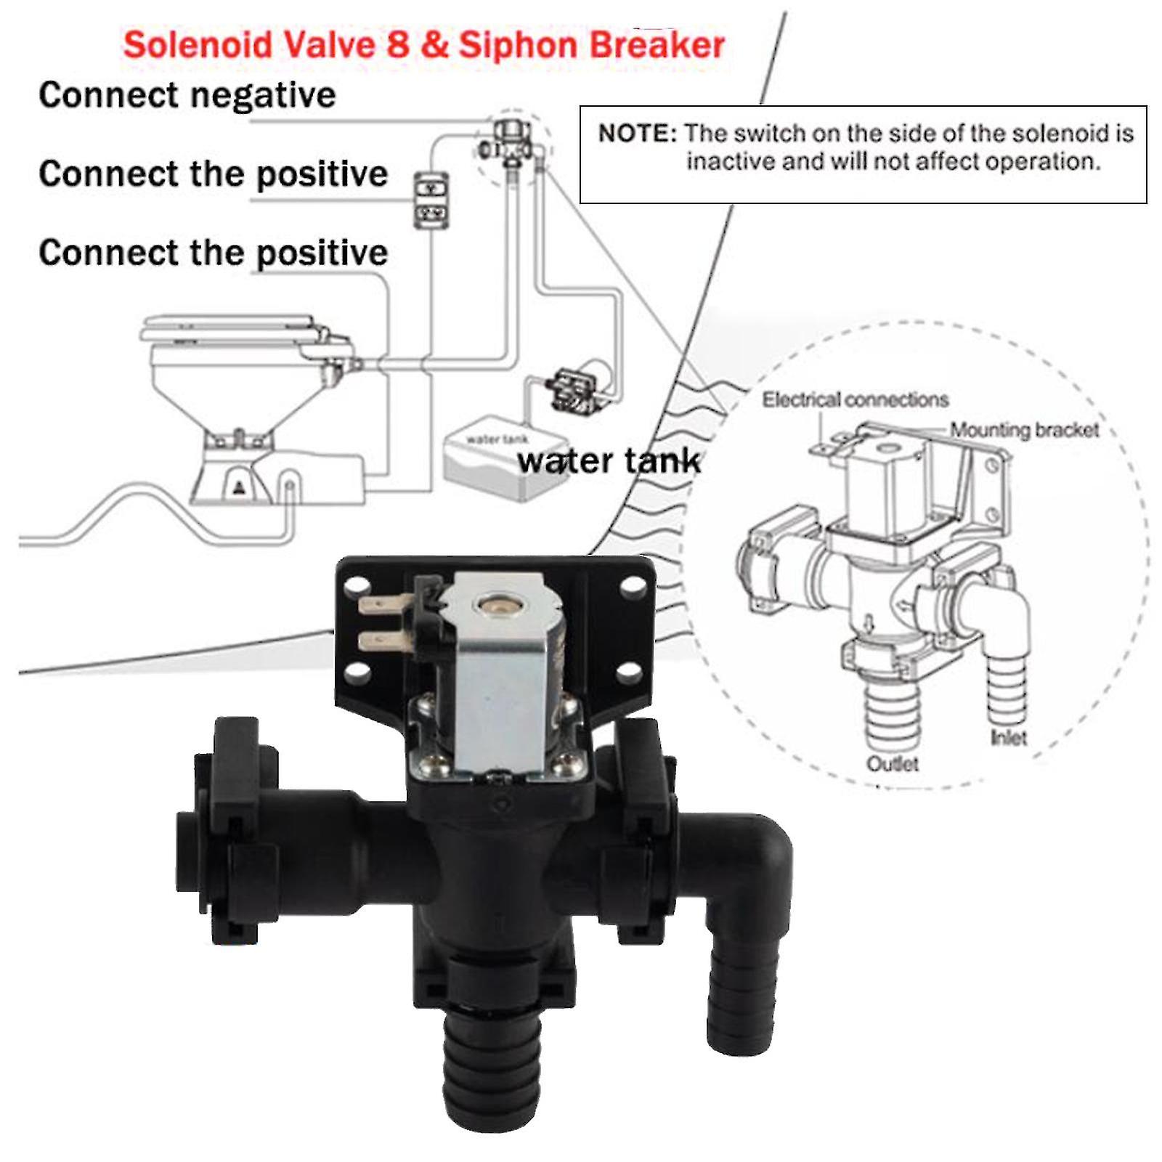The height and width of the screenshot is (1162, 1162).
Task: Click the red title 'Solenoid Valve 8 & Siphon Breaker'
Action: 424,45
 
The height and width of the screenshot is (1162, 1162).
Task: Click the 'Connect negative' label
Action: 187,95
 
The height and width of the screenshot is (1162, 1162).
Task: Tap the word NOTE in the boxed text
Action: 636,134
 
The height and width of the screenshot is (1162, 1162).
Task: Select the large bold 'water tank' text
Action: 609,461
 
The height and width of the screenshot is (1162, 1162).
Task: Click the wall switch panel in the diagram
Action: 431,200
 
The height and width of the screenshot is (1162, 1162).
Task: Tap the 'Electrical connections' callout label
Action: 855,399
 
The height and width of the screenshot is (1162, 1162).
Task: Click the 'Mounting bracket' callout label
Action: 1024,430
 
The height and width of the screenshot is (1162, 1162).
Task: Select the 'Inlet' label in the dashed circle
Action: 1008,738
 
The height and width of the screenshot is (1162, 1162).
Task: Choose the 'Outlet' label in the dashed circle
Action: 892,764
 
